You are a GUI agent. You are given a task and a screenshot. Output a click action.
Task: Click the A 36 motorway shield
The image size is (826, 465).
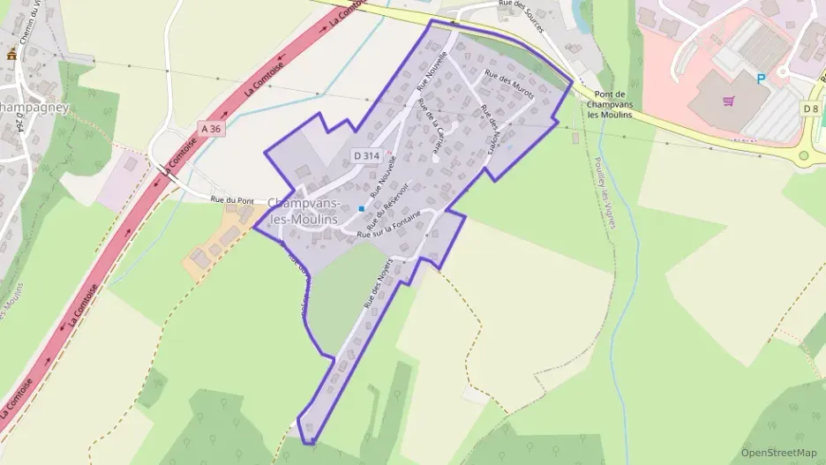[210, 129]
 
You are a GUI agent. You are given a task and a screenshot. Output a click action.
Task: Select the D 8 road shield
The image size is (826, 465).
[811, 108]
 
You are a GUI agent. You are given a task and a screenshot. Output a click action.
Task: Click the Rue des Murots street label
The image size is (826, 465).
[505, 89]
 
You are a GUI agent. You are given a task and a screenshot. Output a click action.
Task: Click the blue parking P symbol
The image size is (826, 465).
[761, 79]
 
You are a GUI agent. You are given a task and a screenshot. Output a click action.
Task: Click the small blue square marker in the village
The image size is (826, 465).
[362, 208]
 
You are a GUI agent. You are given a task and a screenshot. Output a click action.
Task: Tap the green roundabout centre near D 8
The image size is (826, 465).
[804, 156]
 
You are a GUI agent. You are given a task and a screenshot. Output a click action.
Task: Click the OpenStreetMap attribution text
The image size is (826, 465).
[778, 453]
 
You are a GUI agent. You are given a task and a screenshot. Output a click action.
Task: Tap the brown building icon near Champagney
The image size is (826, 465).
[11, 55]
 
